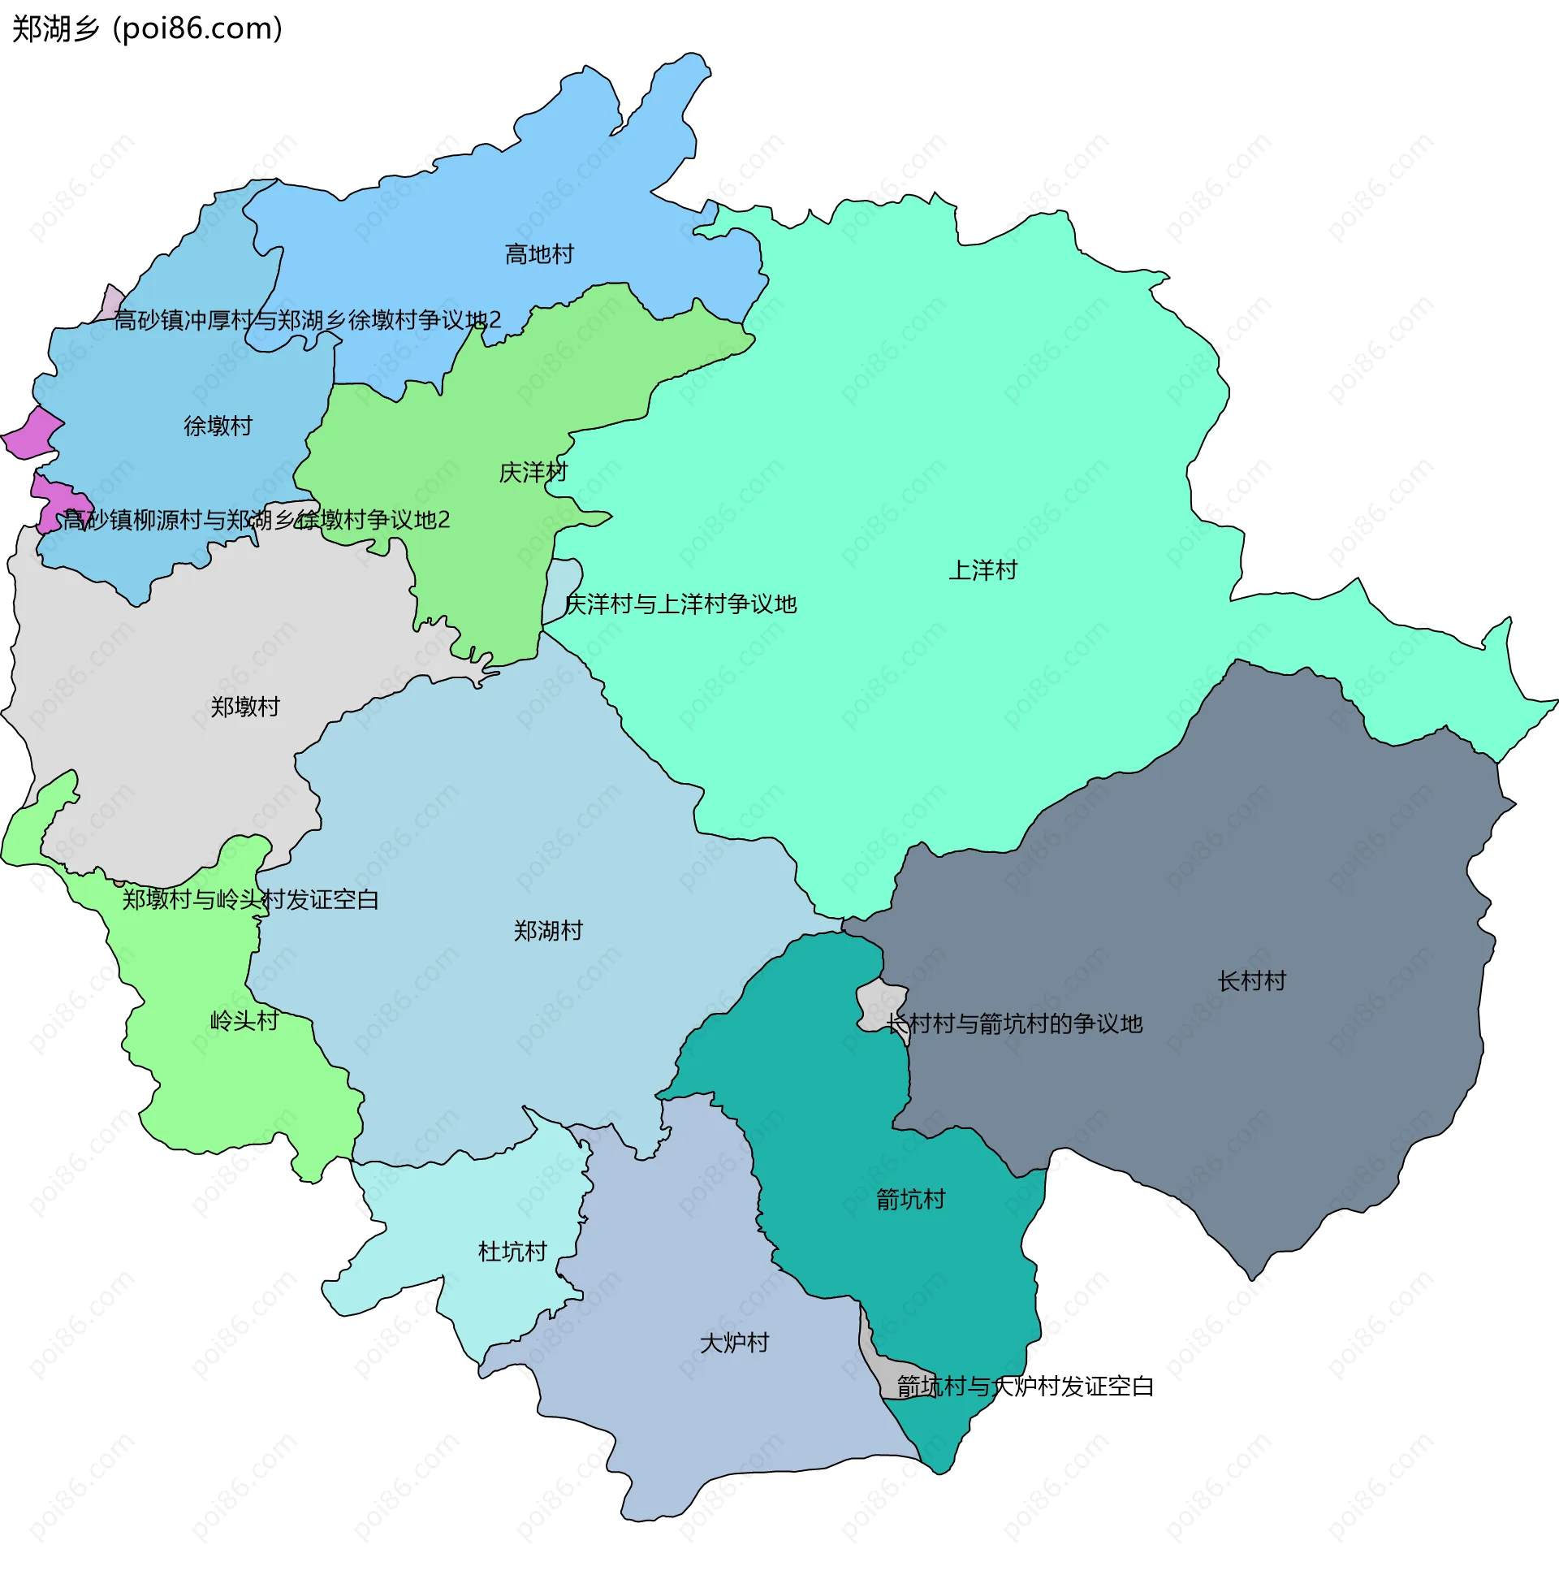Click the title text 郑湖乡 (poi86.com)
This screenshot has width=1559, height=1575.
[147, 29]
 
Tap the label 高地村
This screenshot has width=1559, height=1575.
[538, 255]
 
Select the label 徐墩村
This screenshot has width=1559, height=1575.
[218, 426]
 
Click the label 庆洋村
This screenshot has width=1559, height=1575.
[533, 473]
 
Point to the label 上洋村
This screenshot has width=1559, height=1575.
[982, 571]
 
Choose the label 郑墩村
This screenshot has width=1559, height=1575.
[244, 707]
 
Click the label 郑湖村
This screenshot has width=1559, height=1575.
[547, 931]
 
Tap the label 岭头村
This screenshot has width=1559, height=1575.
[244, 1021]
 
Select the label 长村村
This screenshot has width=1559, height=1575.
[1251, 981]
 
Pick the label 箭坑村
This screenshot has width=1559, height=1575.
[910, 1200]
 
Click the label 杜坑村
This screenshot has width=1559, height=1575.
[512, 1253]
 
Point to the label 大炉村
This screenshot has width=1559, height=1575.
[734, 1344]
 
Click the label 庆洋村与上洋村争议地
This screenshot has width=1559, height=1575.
[680, 605]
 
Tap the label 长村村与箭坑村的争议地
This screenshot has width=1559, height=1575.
[1015, 1025]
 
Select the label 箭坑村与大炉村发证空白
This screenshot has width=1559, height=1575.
[1026, 1387]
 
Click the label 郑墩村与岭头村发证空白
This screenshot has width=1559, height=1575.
[250, 900]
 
